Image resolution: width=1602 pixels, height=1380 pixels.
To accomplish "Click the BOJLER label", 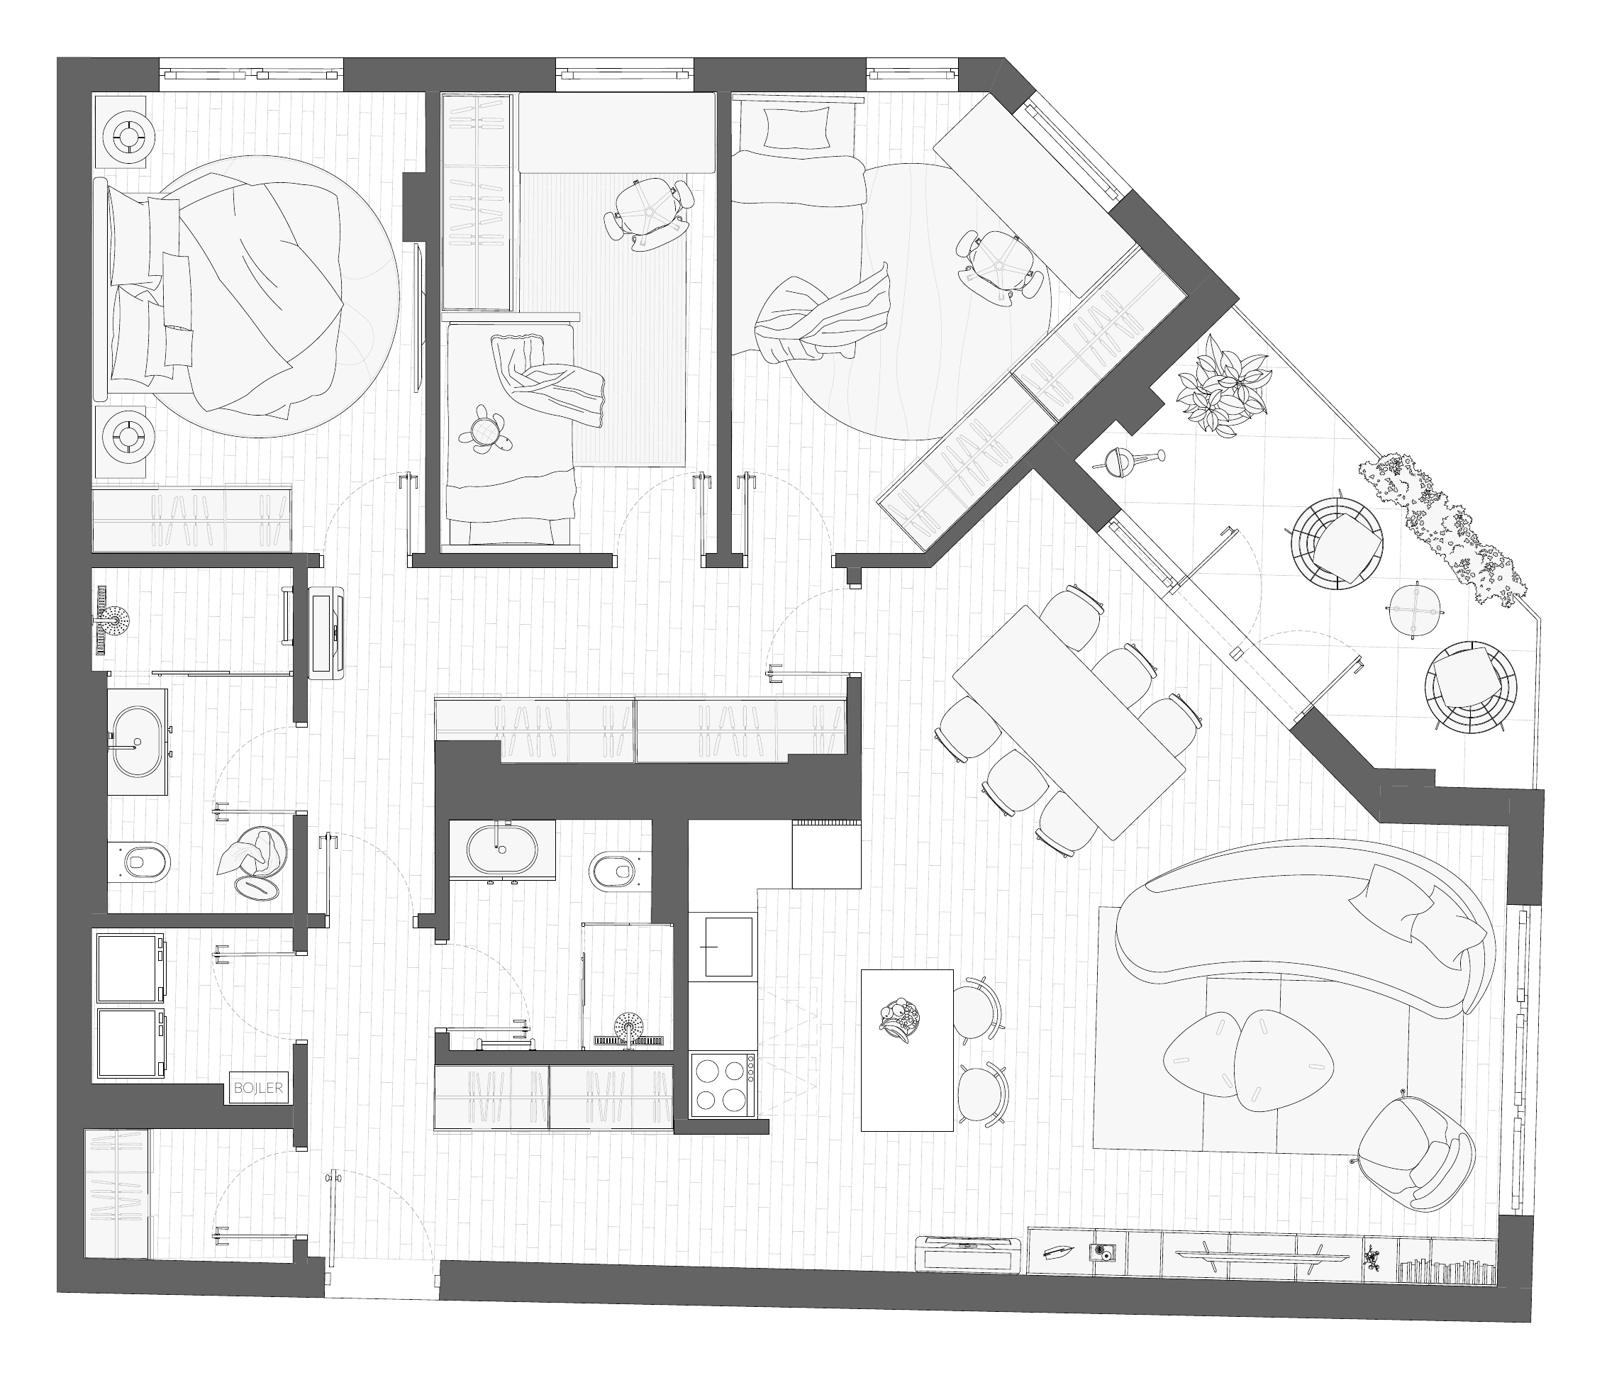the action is click(258, 1088).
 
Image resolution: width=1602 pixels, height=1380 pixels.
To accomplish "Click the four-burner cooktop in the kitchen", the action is click(723, 1084).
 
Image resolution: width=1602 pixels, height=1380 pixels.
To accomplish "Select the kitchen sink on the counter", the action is click(727, 946).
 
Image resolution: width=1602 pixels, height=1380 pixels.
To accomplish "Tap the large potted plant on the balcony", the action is click(1223, 391).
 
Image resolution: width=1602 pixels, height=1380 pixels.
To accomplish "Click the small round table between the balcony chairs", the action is click(1415, 610).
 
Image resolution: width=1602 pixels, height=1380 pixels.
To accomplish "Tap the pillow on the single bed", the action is click(796, 128).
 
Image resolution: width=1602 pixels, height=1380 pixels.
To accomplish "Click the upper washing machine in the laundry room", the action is click(129, 967).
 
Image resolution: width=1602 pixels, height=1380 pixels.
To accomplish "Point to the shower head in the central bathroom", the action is click(628, 1029).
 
